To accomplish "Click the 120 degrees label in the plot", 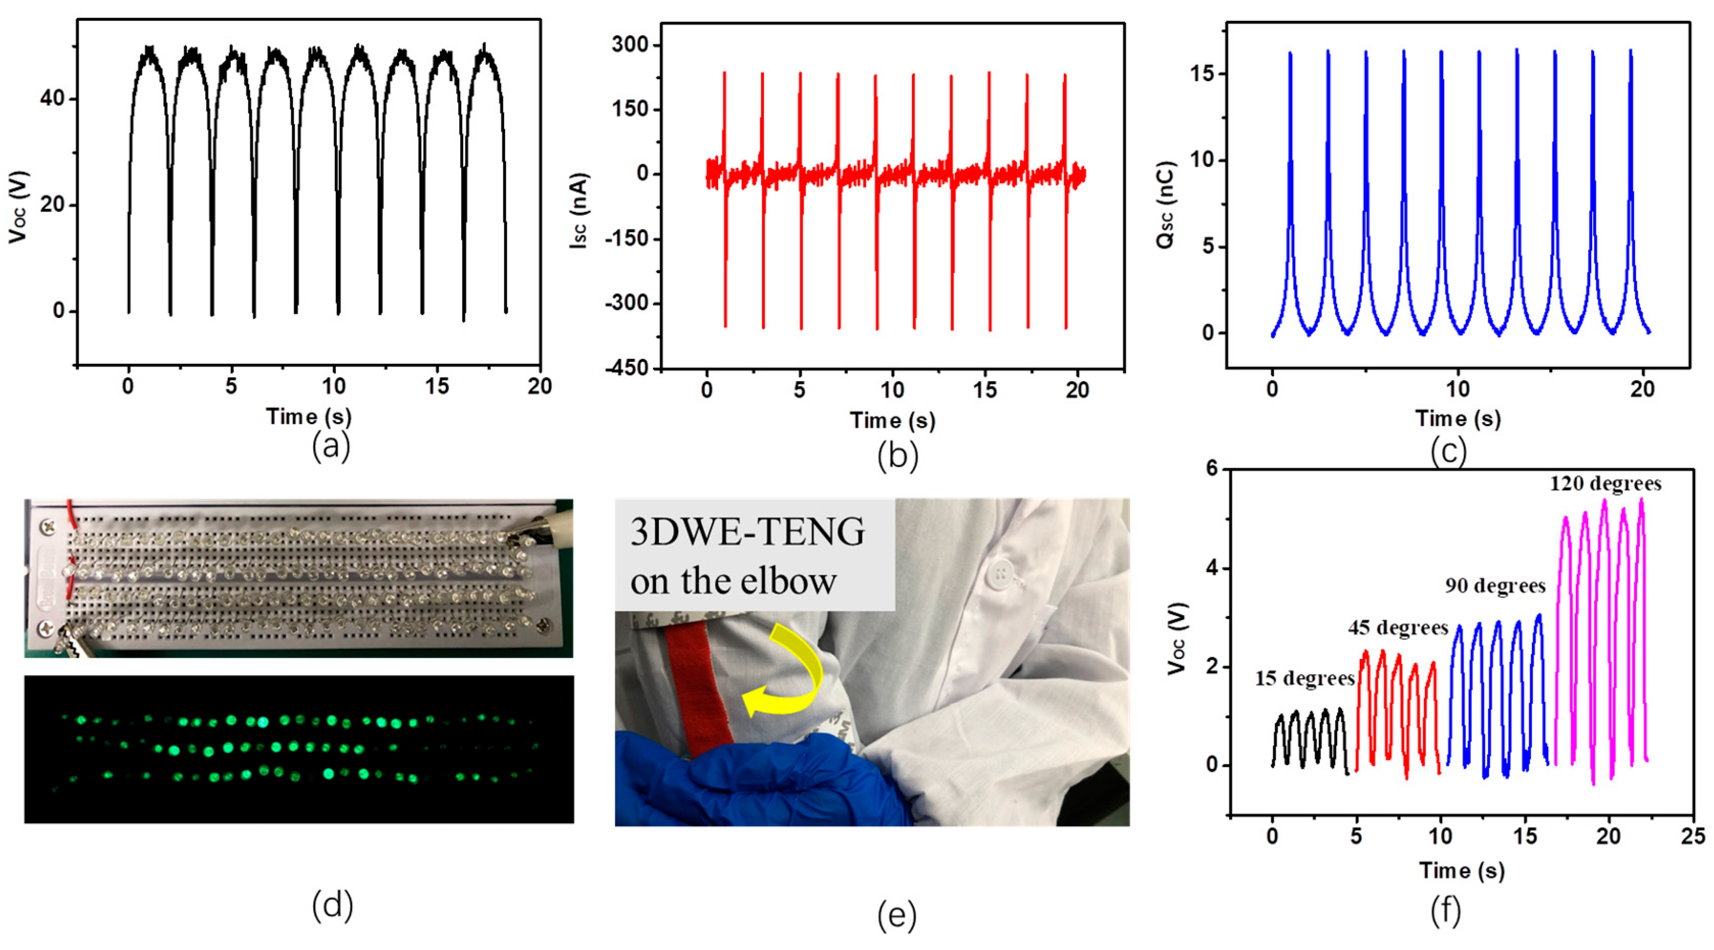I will tap(1605, 484).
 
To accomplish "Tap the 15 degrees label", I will tap(1304, 678).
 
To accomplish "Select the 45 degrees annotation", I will tap(1398, 628).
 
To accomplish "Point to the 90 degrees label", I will tap(1494, 586).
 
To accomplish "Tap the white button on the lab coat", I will tap(1000, 573).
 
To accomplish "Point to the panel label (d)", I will tap(332, 905).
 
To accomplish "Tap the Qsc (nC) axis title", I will tap(1166, 205).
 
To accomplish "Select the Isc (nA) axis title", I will tap(579, 212).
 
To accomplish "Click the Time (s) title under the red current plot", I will tap(892, 420).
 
